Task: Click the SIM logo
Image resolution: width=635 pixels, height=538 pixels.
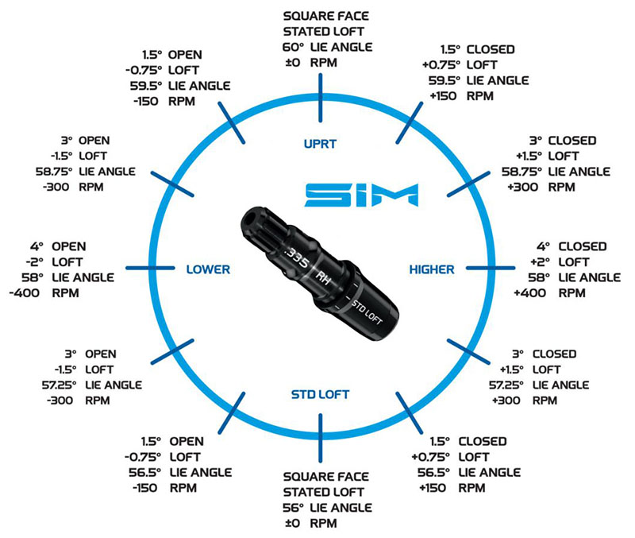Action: pos(361,195)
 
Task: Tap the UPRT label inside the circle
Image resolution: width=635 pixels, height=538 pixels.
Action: pos(320,145)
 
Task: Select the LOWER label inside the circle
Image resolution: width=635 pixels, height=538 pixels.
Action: pos(208,269)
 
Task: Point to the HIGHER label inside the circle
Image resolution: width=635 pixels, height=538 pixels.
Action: pos(432,269)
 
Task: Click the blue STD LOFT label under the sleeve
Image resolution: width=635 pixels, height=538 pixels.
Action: pos(320,394)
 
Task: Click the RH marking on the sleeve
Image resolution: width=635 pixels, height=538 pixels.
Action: pos(323,278)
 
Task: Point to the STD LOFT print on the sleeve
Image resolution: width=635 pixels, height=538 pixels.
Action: pos(367,312)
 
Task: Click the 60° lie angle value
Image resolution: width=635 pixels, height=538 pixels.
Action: pos(293,47)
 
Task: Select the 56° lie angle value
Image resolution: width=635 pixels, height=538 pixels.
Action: pos(293,508)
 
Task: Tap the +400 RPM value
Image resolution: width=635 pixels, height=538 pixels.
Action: pos(529,292)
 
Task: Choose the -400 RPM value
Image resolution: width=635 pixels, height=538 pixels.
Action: pos(25,292)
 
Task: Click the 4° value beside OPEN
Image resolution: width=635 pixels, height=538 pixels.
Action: pos(36,246)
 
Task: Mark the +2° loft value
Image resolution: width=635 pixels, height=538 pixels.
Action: pos(540,262)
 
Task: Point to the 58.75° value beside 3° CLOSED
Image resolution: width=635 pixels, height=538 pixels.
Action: pos(521,172)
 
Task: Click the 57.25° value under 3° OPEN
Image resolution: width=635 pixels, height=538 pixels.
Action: pos(59,385)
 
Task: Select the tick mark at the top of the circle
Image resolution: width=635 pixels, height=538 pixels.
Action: pos(321,98)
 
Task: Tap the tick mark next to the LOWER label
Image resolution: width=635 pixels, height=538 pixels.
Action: pos(150,268)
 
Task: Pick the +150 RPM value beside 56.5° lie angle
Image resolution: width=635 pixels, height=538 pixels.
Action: pos(433,488)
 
